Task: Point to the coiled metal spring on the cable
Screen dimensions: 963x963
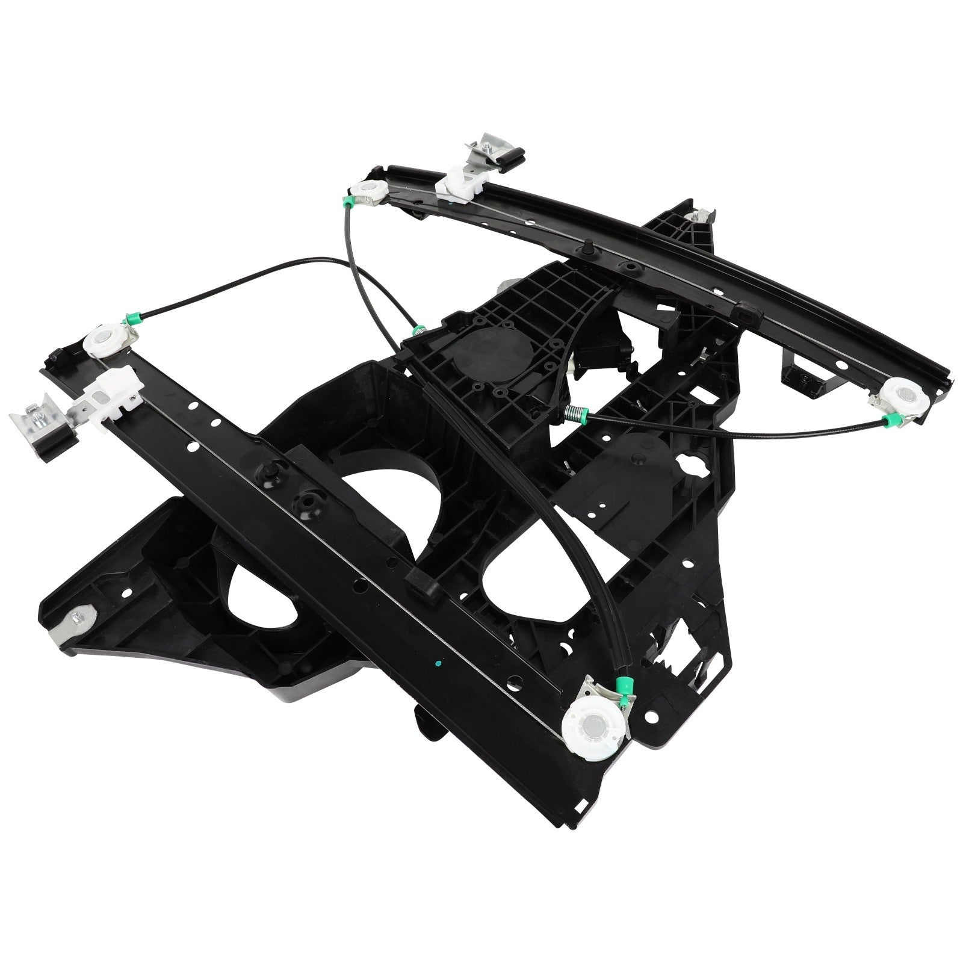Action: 577,414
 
